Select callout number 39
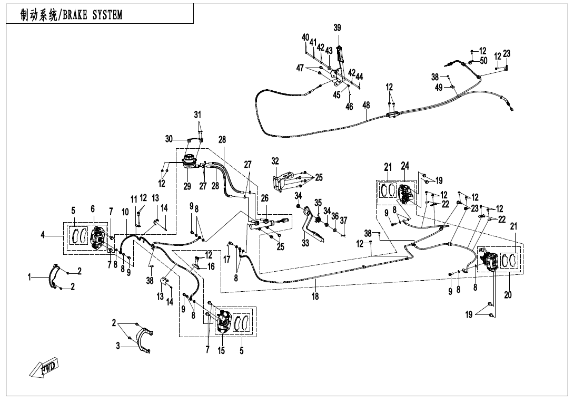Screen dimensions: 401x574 point(337,27)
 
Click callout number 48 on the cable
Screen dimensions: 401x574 point(366,106)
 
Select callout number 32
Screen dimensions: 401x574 point(275,161)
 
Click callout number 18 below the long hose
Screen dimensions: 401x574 point(315,297)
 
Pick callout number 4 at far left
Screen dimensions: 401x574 point(43,235)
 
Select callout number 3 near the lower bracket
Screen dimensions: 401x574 point(118,346)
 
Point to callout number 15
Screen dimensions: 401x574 point(221,351)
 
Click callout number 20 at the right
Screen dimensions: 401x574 point(508,295)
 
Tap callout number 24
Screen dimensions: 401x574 point(405,167)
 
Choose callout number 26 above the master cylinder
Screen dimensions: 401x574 point(265,198)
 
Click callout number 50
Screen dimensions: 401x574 point(483,61)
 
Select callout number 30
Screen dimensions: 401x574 point(169,139)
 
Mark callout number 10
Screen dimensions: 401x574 point(125,212)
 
